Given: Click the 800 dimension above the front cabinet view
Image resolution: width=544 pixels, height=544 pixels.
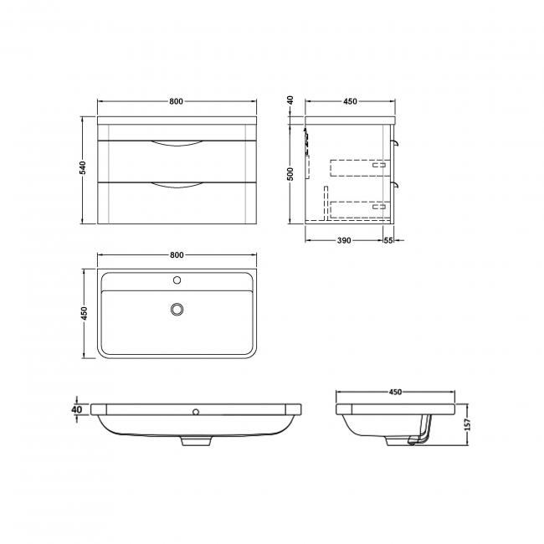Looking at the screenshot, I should click(176, 101).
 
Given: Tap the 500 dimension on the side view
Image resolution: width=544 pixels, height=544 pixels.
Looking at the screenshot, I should click(290, 172).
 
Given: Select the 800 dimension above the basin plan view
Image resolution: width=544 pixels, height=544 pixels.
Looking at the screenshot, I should click(176, 254).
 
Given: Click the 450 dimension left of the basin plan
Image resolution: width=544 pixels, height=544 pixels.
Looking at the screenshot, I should click(84, 314).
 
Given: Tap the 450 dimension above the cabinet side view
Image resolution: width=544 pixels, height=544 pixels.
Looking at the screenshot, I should click(350, 101).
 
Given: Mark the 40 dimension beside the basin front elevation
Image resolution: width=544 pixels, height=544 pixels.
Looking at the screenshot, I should click(77, 409).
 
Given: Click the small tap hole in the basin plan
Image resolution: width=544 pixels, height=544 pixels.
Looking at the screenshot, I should click(177, 280).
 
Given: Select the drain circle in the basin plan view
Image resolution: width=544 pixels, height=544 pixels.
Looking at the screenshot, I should click(177, 309).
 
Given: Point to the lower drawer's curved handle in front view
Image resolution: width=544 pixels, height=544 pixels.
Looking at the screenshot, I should click(177, 185).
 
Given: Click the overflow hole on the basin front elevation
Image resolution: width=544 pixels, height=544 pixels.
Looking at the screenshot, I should click(197, 412).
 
